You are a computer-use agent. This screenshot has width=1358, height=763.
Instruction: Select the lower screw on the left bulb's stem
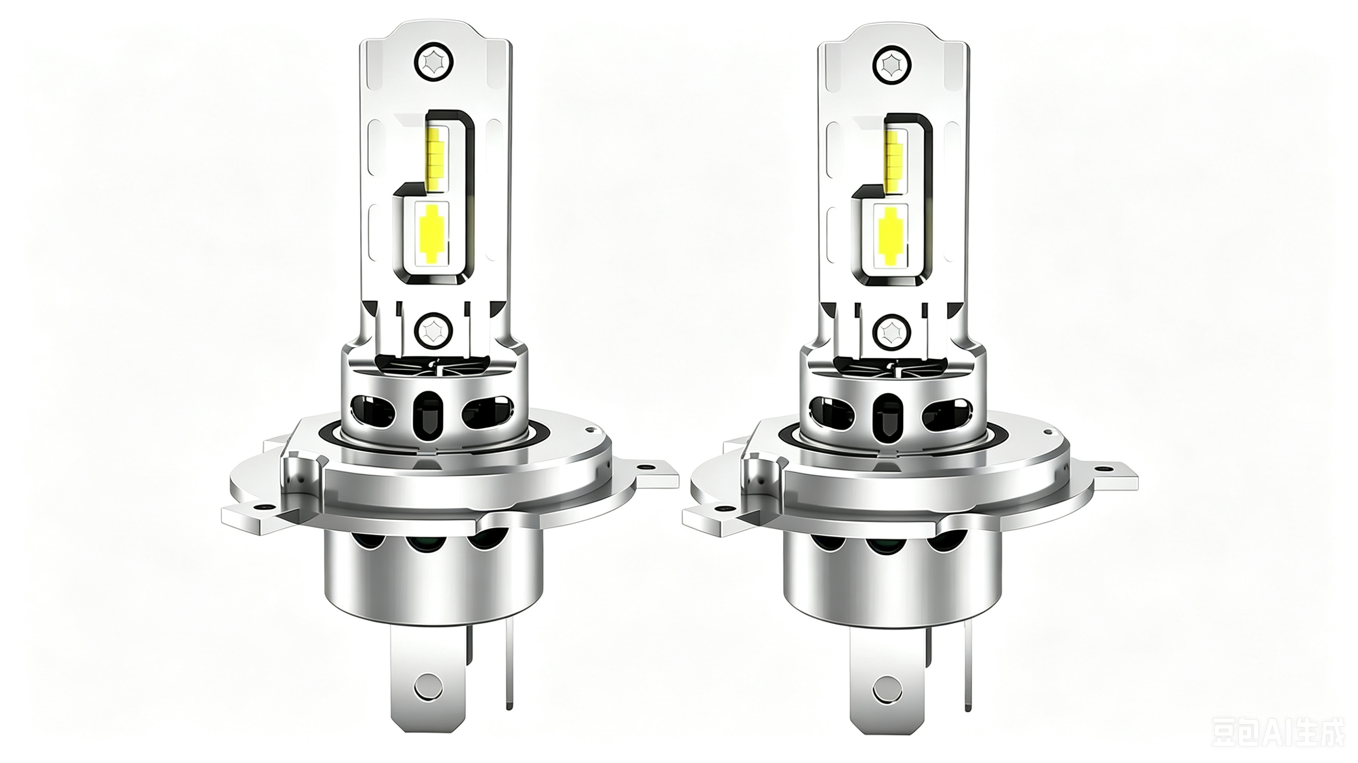(x=433, y=330)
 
